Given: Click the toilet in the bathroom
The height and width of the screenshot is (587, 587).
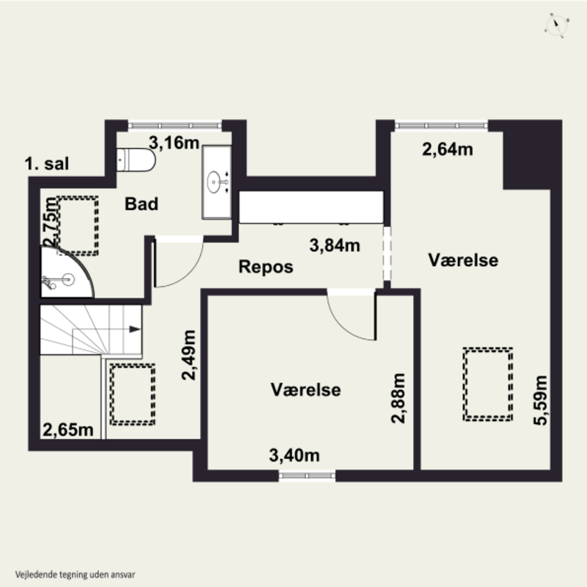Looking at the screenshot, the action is coord(136,160).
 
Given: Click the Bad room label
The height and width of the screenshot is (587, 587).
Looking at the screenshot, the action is coord(142,204).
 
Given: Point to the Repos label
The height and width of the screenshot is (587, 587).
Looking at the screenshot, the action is coord(266,267).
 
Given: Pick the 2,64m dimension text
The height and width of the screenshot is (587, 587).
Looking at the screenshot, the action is coord(447,149).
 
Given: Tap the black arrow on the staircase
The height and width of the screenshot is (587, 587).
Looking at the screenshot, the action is coord(135,329).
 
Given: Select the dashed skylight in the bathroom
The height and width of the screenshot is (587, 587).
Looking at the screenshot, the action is coord(78,226).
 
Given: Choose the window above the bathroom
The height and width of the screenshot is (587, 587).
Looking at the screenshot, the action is coord(175,125).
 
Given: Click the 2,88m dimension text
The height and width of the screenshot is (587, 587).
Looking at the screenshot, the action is coord(398,398).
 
